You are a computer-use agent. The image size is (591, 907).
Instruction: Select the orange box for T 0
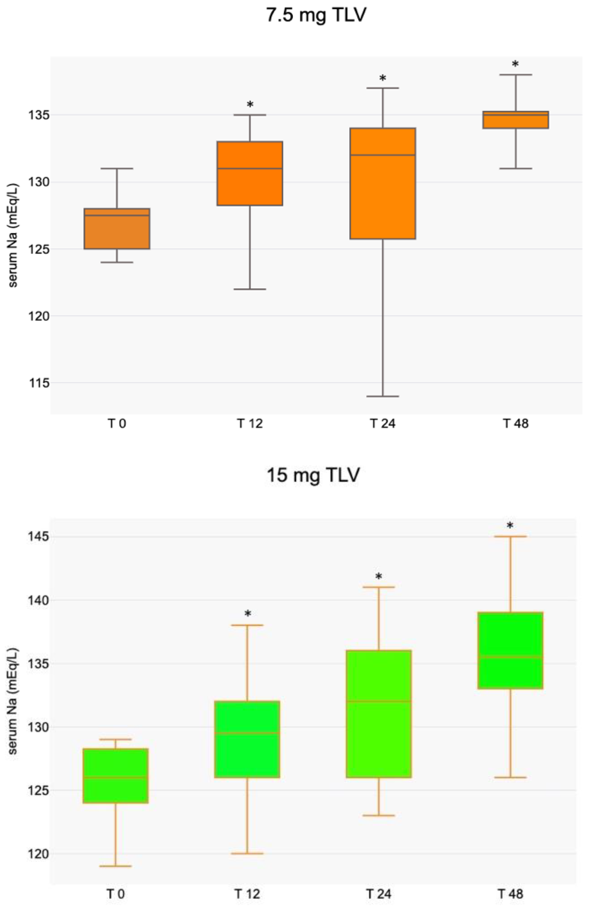(x=117, y=229)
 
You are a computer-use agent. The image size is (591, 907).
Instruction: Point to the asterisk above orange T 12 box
(x=250, y=104)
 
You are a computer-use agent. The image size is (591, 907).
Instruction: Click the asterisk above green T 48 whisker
(x=510, y=526)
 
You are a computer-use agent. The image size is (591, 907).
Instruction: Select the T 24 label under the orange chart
(x=382, y=424)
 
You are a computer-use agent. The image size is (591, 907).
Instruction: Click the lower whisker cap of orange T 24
(x=382, y=396)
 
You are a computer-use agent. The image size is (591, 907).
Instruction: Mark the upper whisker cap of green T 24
(x=379, y=587)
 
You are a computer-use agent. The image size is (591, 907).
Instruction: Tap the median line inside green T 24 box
(x=379, y=701)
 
